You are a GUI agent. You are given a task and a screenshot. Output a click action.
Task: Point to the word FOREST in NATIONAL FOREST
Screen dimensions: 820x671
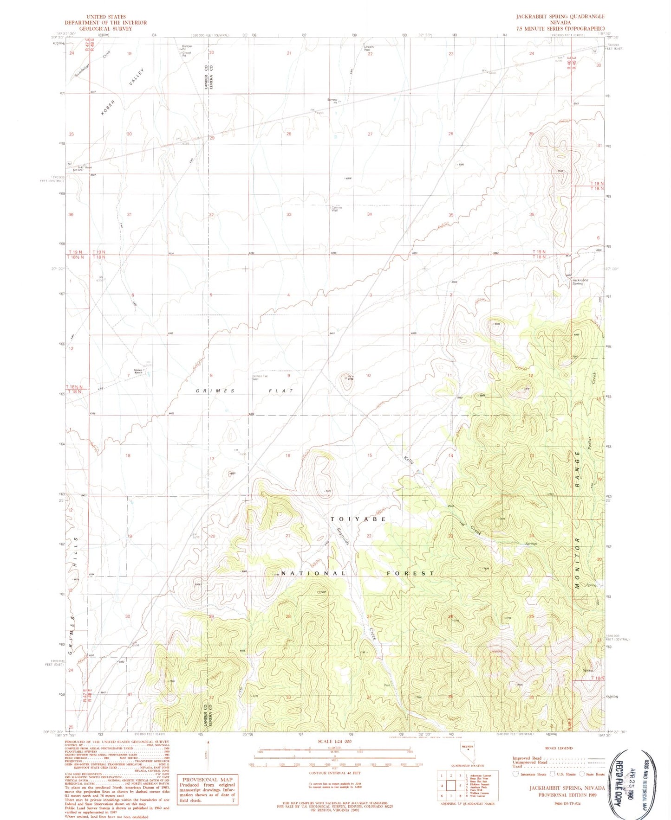click(x=410, y=574)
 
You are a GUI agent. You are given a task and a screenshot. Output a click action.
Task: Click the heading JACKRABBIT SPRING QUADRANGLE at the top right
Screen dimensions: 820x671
click(x=560, y=16)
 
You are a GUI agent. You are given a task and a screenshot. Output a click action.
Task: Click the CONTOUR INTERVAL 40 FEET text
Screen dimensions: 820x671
click(x=329, y=773)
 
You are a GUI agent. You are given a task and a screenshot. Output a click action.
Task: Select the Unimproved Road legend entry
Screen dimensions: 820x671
click(x=529, y=762)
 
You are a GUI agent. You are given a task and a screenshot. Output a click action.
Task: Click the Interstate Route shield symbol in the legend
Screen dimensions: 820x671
click(x=515, y=774)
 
